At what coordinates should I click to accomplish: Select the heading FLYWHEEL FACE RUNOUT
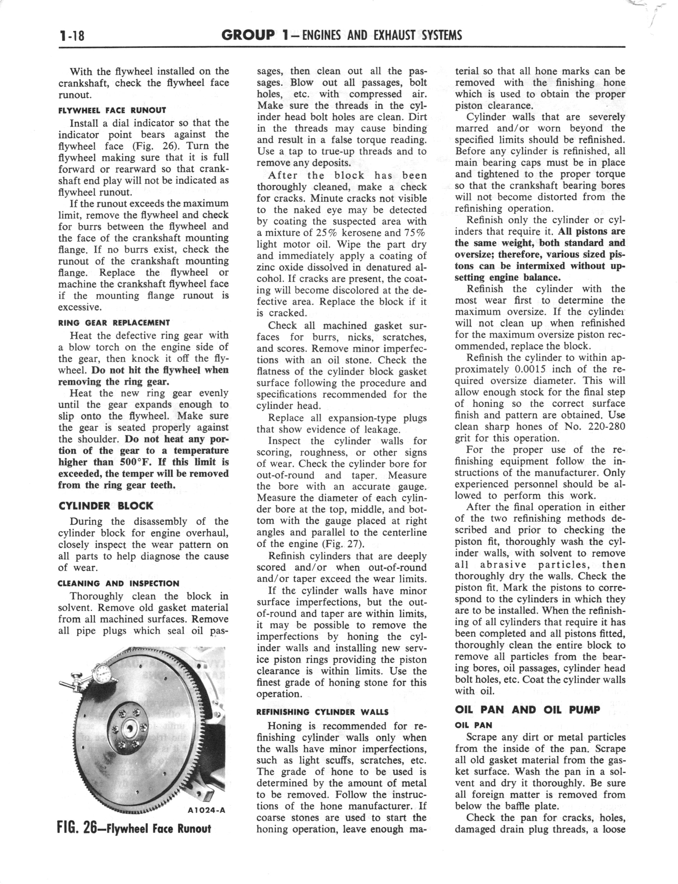(112, 110)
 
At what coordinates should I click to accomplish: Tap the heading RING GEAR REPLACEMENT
(114, 323)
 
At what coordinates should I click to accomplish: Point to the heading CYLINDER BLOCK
(106, 506)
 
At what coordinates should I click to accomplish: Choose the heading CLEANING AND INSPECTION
(119, 583)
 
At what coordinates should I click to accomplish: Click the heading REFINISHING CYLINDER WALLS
(322, 712)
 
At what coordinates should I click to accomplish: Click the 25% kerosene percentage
(326, 233)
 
